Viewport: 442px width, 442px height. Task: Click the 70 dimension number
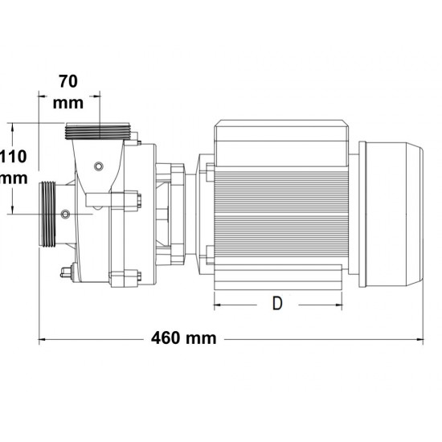click(68, 81)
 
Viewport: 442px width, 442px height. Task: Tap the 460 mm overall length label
click(184, 338)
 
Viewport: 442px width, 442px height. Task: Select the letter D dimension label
click(277, 303)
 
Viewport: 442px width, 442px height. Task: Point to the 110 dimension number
click(14, 157)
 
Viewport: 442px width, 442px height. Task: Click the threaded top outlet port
click(97, 131)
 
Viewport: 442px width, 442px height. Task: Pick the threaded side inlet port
click(48, 215)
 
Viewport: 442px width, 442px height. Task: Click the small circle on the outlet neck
click(98, 166)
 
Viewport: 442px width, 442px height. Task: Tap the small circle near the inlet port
click(65, 214)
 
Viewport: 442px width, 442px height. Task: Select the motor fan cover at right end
click(391, 215)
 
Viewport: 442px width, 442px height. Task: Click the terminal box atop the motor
click(280, 142)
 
